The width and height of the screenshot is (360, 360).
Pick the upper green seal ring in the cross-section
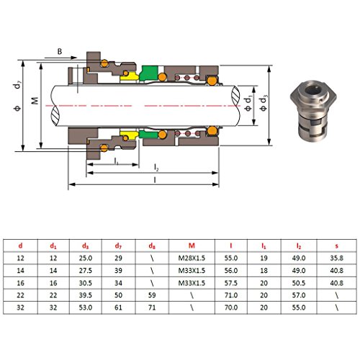pyautogui.click(x=150, y=72)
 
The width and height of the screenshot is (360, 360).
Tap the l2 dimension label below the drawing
pyautogui.click(x=156, y=168)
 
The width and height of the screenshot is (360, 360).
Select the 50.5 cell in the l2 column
pyautogui.click(x=298, y=282)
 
